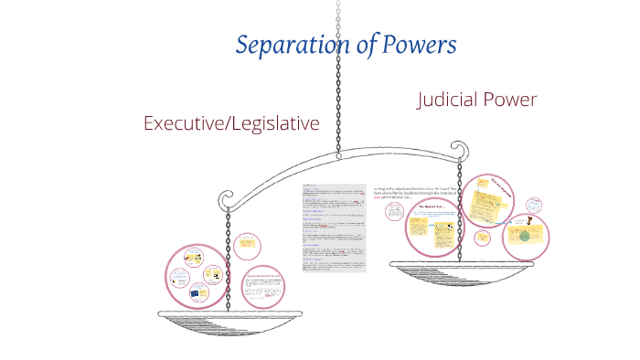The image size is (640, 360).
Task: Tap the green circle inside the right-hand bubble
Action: pyautogui.click(x=524, y=236)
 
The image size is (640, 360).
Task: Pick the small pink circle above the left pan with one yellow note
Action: pyautogui.click(x=245, y=245)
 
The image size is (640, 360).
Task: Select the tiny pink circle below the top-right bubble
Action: pyautogui.click(x=483, y=236)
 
